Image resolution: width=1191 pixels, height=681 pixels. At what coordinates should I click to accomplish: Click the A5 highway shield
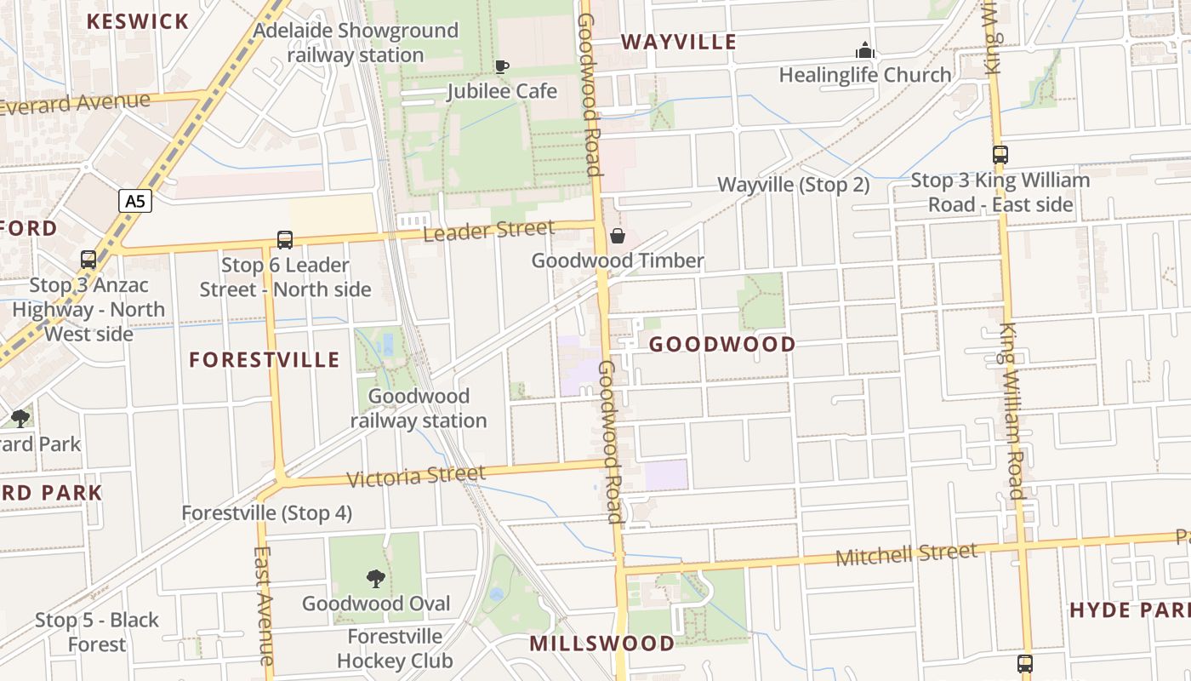point(134,201)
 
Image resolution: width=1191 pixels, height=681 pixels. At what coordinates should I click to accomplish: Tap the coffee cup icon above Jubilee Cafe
point(502,66)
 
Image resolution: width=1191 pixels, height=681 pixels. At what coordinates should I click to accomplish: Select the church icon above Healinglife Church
point(865,50)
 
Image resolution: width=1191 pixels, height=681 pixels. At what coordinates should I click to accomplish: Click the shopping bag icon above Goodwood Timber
point(618,236)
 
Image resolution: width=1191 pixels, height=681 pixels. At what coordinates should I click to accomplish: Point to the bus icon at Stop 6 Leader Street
point(285,240)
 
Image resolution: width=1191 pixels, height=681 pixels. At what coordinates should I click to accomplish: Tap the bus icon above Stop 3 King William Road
point(1000,155)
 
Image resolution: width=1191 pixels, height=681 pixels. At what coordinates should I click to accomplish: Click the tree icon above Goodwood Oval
point(375,579)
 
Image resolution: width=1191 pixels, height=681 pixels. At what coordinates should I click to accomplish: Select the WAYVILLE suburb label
point(678,42)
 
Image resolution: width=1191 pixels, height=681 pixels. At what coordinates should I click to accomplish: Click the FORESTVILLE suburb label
point(265,360)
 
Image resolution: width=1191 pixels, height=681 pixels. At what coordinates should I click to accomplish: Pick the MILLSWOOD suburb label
point(601,644)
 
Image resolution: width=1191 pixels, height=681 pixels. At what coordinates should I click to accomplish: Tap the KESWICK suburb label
point(138,21)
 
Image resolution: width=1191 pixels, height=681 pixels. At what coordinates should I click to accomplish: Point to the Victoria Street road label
point(416,476)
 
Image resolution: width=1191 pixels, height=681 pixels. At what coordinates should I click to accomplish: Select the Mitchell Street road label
point(906,554)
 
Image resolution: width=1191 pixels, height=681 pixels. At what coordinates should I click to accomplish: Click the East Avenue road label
point(265,605)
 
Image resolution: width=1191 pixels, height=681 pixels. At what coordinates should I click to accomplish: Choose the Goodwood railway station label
point(419,409)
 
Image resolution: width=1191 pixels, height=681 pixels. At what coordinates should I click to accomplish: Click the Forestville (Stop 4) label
point(266,513)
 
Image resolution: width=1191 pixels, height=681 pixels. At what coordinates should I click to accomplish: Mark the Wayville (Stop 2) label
point(794,185)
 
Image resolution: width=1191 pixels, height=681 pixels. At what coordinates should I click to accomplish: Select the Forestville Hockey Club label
point(395,649)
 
